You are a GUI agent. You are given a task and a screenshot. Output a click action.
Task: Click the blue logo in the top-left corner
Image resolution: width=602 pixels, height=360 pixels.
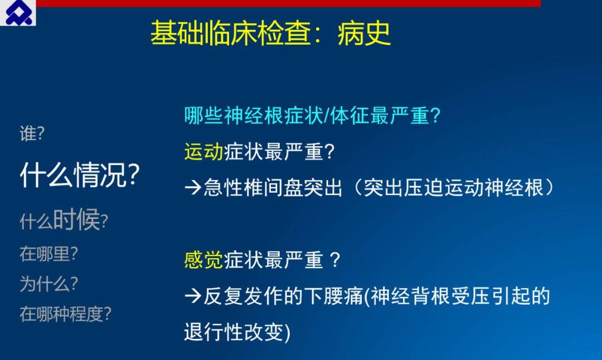(x=18, y=13)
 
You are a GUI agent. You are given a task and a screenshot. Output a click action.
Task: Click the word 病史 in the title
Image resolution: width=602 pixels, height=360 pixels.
(x=364, y=33)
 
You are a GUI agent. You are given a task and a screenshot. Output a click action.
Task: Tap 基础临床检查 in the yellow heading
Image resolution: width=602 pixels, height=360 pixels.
(x=230, y=33)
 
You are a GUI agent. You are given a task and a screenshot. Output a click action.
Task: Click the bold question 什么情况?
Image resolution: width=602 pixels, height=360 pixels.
(x=80, y=175)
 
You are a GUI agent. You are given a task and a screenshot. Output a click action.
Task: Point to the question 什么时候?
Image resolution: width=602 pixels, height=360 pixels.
(x=64, y=220)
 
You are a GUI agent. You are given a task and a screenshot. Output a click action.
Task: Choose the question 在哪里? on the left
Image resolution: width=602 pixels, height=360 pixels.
(x=48, y=254)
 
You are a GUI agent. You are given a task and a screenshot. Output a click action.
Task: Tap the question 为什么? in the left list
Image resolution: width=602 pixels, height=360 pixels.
(x=48, y=284)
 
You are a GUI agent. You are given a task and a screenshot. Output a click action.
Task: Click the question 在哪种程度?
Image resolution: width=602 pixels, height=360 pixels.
(x=65, y=314)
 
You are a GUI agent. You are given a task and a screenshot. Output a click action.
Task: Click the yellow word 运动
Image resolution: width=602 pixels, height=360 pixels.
(x=203, y=151)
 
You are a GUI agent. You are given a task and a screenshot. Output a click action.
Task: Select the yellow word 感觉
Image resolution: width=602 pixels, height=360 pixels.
(x=203, y=260)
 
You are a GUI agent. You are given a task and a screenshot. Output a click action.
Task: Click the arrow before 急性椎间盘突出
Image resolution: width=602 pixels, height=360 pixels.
(x=193, y=188)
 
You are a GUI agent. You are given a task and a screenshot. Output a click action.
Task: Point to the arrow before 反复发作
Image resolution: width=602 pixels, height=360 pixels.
(x=193, y=296)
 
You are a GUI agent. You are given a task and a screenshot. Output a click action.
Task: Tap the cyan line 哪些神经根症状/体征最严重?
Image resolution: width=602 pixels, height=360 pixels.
(x=312, y=115)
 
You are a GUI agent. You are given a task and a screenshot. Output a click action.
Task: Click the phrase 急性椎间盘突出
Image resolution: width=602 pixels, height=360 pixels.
(x=273, y=188)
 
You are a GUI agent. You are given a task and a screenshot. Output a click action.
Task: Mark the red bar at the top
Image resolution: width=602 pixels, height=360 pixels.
(x=288, y=3)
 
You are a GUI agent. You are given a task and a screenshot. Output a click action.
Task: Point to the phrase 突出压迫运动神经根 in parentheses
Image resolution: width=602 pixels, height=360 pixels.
(x=453, y=188)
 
